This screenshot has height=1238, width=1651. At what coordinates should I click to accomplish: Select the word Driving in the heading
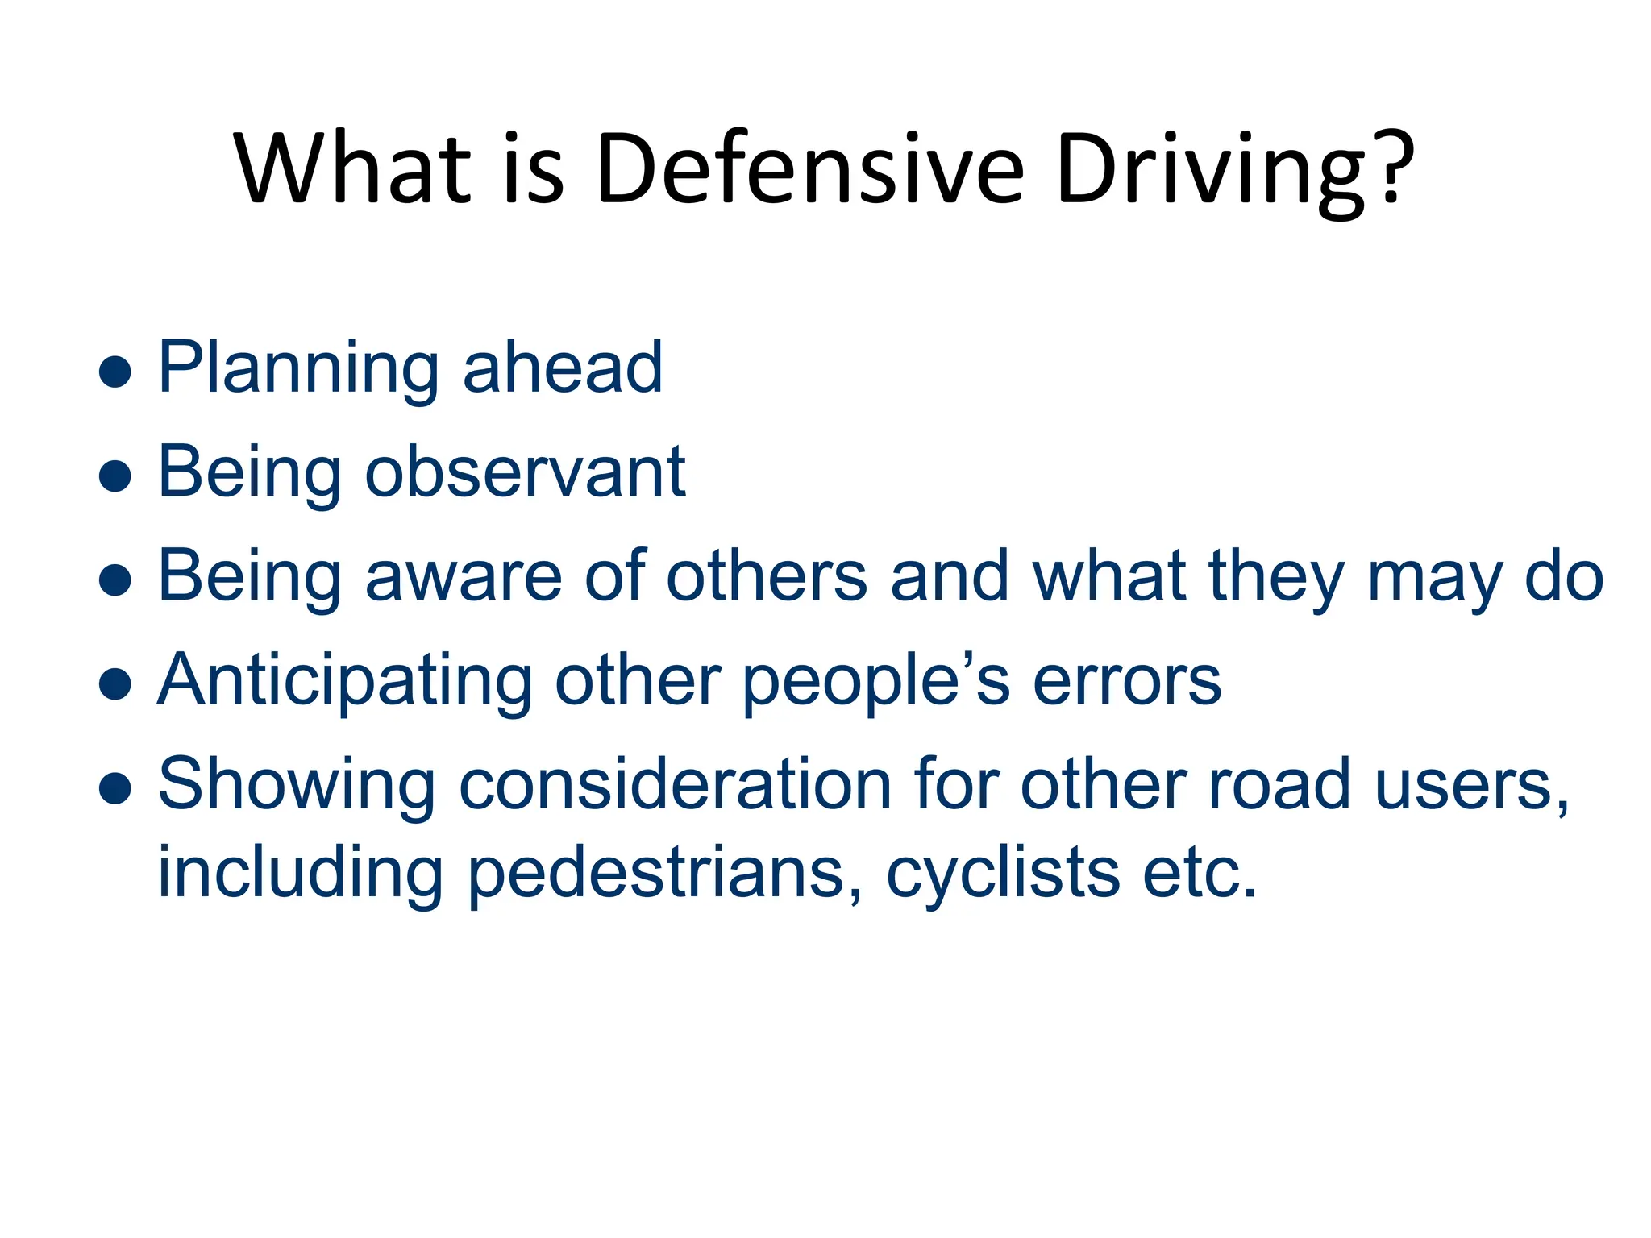coord(1208,172)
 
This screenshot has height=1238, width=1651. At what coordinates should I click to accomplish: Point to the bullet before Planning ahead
coord(114,372)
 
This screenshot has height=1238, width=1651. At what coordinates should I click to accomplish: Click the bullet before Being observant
coord(114,476)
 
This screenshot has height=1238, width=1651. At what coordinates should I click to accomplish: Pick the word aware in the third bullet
coord(464,577)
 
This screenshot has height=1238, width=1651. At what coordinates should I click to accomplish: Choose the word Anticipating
coord(345,682)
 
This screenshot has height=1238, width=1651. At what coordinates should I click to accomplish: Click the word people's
coord(875,682)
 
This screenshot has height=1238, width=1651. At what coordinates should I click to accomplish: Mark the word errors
coord(1127,682)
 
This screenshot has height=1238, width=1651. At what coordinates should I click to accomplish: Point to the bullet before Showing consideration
coord(114,788)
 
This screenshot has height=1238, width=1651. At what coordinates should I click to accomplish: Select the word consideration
coord(675,785)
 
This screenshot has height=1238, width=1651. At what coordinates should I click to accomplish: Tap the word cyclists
coord(1003,874)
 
